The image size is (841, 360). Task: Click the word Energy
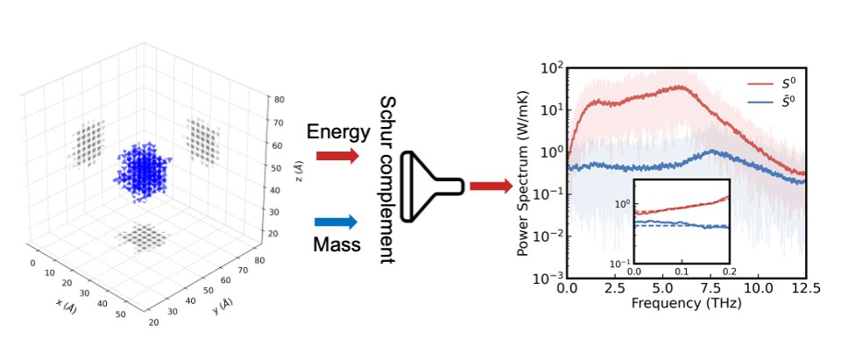click(338, 131)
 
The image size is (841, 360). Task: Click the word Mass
click(336, 244)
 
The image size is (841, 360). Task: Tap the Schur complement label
click(388, 180)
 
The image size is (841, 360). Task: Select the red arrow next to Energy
click(337, 156)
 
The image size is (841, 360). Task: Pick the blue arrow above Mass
click(336, 222)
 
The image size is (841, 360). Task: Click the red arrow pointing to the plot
click(491, 187)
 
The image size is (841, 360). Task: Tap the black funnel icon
click(432, 187)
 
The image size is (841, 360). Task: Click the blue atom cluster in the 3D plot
click(142, 172)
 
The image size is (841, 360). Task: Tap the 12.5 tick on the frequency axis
click(805, 289)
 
